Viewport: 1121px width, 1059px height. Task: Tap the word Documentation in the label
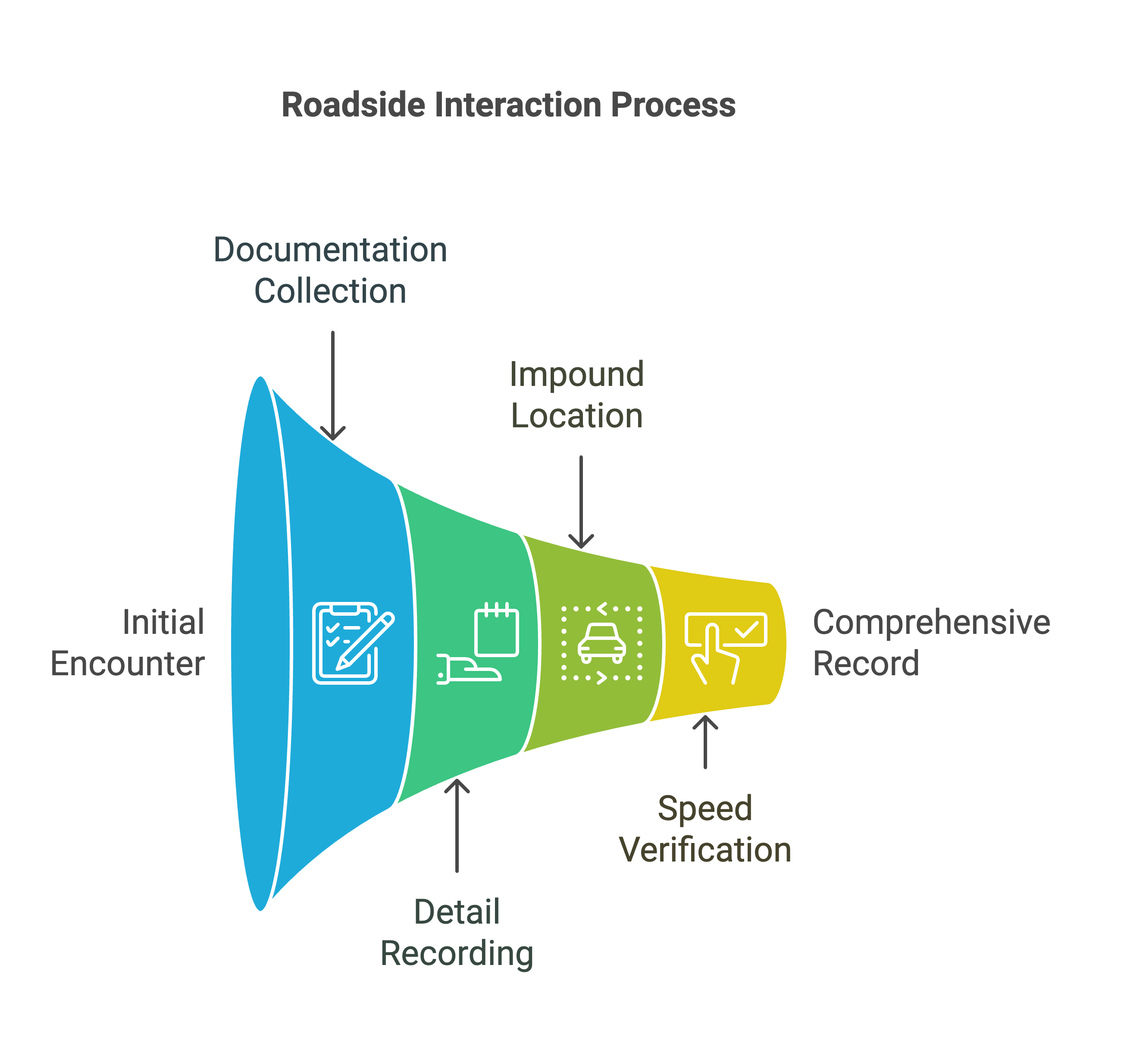point(330,250)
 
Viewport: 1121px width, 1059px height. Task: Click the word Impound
point(576,374)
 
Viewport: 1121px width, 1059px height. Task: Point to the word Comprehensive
point(931,622)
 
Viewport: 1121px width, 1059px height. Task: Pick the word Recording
point(457,953)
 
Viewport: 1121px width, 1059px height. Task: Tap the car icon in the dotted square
point(602,643)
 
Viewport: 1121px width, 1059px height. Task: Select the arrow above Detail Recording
point(457,824)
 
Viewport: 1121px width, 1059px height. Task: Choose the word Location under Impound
point(576,416)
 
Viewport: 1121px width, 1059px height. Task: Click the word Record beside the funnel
point(866,663)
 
